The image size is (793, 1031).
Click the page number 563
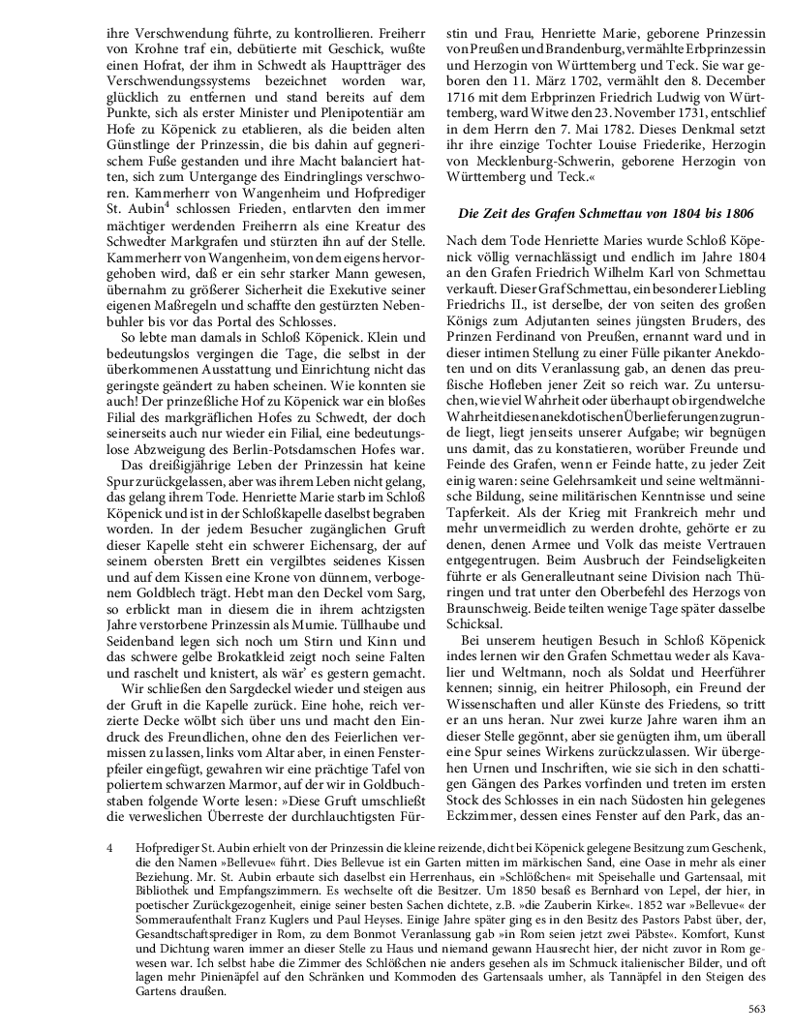757,1010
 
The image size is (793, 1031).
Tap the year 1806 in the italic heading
734,212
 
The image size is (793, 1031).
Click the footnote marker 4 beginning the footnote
111,849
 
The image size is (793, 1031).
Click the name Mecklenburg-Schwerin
538,163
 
